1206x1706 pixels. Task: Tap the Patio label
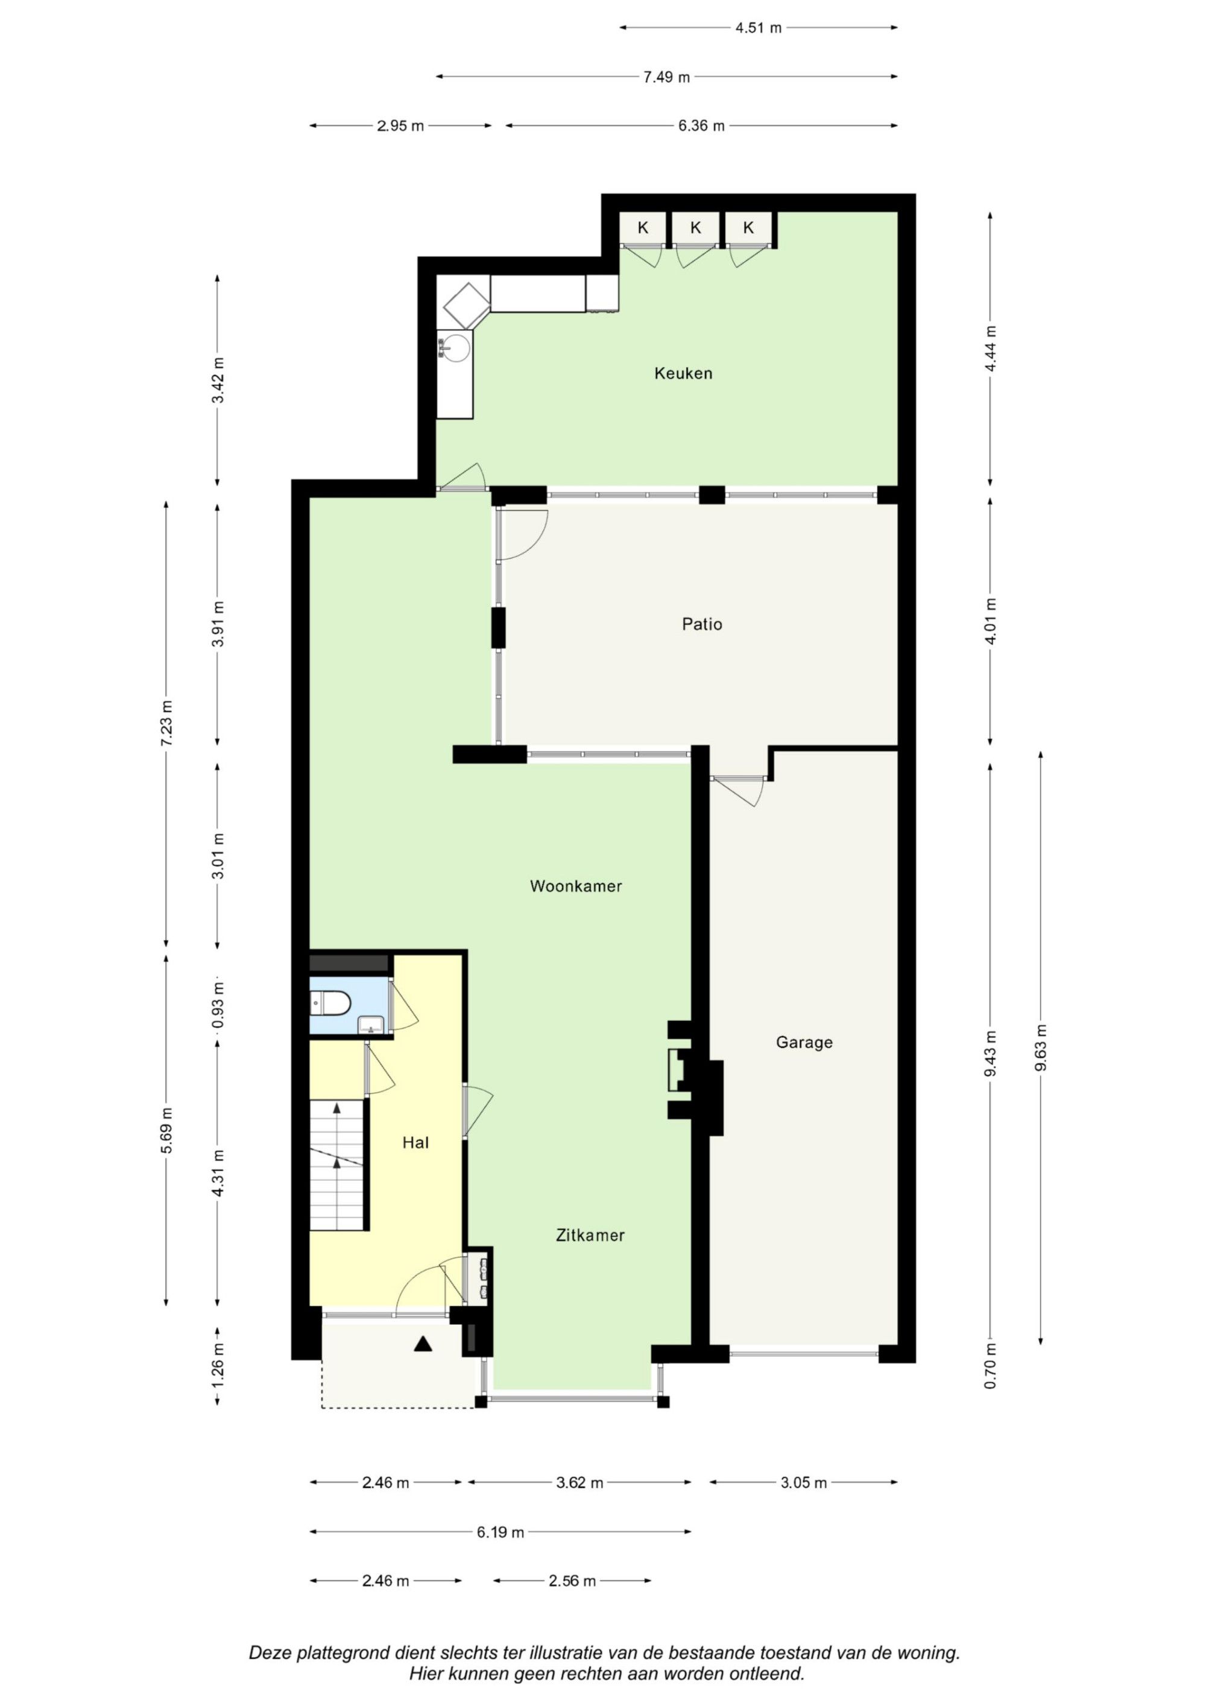pos(702,624)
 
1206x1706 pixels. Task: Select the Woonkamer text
pos(576,886)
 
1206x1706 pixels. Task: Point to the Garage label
pos(804,1043)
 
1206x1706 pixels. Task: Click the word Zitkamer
pos(590,1236)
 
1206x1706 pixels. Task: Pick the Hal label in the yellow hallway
pos(415,1143)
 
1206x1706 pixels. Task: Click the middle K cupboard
pos(695,228)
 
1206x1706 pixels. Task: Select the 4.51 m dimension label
pos(759,28)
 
